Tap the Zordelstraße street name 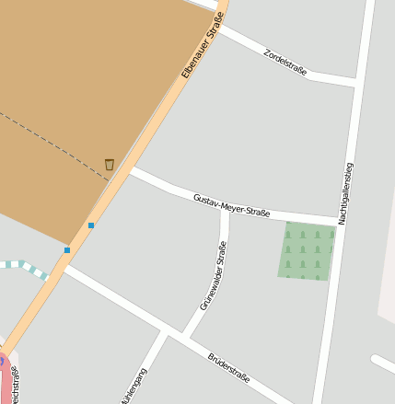tap(285, 61)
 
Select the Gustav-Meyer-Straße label tap(231, 206)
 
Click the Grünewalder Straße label tap(213, 274)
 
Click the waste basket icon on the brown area tap(110, 165)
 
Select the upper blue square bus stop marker tap(91, 225)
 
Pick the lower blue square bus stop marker tap(67, 249)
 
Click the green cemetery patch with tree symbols tap(307, 249)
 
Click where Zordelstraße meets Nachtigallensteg tap(355, 83)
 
